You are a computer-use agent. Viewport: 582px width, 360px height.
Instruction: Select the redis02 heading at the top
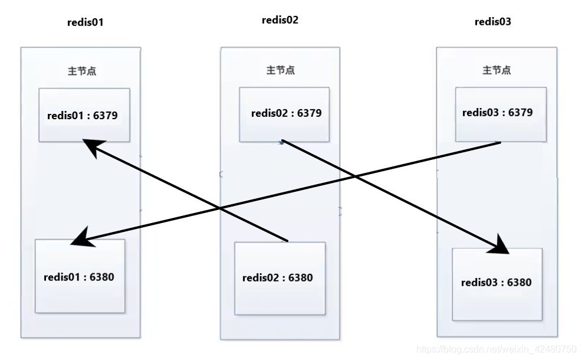pos(280,20)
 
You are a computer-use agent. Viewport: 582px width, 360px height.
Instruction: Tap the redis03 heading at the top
pos(493,22)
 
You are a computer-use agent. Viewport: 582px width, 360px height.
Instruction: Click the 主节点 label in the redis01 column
pos(82,71)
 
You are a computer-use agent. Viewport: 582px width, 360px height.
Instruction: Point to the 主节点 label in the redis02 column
pos(281,70)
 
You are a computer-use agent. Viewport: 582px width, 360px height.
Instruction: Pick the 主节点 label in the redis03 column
pos(496,70)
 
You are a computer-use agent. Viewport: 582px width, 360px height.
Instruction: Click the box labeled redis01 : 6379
pos(84,115)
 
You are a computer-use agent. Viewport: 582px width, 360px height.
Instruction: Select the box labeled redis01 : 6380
pos(80,276)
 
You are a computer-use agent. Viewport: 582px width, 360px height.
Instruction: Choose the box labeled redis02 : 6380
pos(280,278)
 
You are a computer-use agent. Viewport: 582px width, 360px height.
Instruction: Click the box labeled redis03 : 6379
pos(501,113)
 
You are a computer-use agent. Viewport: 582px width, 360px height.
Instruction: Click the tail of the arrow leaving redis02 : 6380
pos(287,241)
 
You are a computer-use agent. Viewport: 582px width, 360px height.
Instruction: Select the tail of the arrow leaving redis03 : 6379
pos(500,142)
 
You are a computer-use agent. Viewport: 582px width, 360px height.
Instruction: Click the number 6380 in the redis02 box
pos(300,278)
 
